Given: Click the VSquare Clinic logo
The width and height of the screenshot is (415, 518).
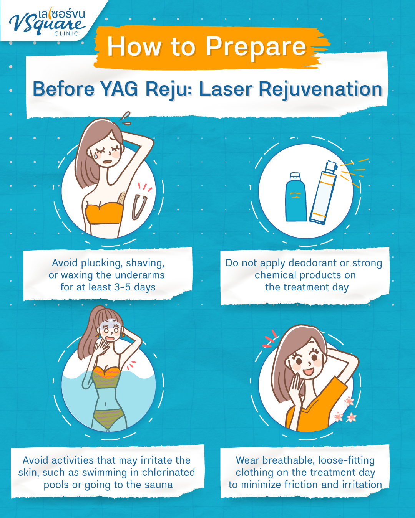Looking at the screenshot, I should (48, 22).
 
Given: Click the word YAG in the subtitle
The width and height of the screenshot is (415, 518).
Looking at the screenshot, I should (119, 89).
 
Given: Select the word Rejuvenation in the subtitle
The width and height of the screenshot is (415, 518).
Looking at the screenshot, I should (320, 89).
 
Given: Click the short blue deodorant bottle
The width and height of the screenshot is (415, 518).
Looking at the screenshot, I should (295, 198).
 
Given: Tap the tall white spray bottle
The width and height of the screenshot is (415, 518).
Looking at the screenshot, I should (324, 194).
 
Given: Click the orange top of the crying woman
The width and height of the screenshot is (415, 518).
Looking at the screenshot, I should (104, 213).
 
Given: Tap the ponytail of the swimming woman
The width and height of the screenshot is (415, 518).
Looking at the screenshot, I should (86, 338).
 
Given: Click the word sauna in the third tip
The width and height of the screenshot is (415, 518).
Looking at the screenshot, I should (159, 485).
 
